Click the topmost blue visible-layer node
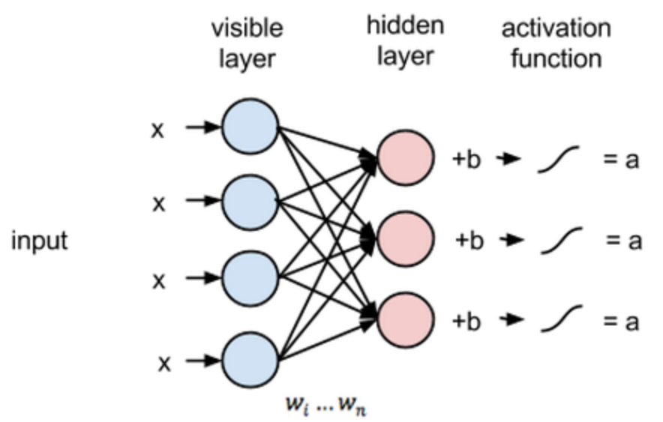250,125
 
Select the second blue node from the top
250,200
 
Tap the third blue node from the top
250,278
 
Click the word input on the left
39,241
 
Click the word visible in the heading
247,28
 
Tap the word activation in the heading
556,28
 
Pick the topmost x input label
157,129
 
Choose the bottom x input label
164,364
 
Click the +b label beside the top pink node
467,159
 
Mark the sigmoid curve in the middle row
560,241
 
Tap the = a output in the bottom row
622,321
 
